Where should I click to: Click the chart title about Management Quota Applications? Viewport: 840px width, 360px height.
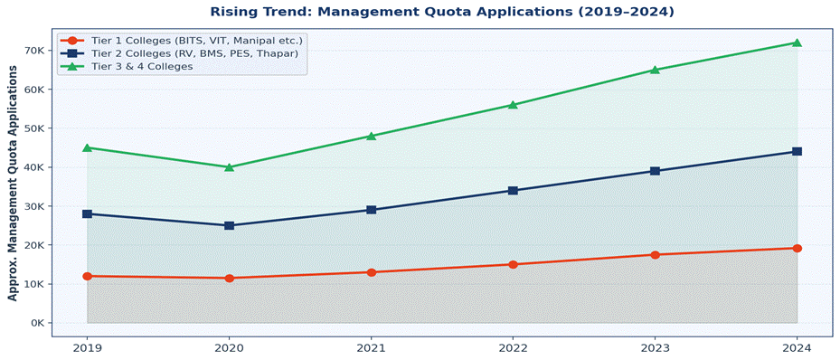click(x=441, y=12)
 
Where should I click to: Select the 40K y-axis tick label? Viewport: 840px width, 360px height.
click(x=34, y=167)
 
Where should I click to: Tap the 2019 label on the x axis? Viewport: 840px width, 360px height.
click(x=87, y=347)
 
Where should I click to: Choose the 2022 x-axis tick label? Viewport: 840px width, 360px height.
click(x=513, y=347)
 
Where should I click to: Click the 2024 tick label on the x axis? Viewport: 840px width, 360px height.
click(x=797, y=347)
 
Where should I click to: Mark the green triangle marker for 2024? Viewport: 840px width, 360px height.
click(x=797, y=43)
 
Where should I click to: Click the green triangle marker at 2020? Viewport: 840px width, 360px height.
click(x=229, y=166)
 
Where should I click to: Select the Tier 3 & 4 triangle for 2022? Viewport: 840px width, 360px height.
click(x=513, y=105)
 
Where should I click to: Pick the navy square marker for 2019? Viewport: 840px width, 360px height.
click(x=87, y=214)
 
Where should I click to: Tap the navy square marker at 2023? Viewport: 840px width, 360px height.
click(x=655, y=171)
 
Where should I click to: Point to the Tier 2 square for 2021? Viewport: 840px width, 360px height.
click(x=371, y=210)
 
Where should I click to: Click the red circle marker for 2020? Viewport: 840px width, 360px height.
click(x=229, y=279)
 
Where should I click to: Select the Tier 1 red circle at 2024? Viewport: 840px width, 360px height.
click(x=797, y=248)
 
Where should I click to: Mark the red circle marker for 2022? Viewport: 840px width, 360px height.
click(x=513, y=265)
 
